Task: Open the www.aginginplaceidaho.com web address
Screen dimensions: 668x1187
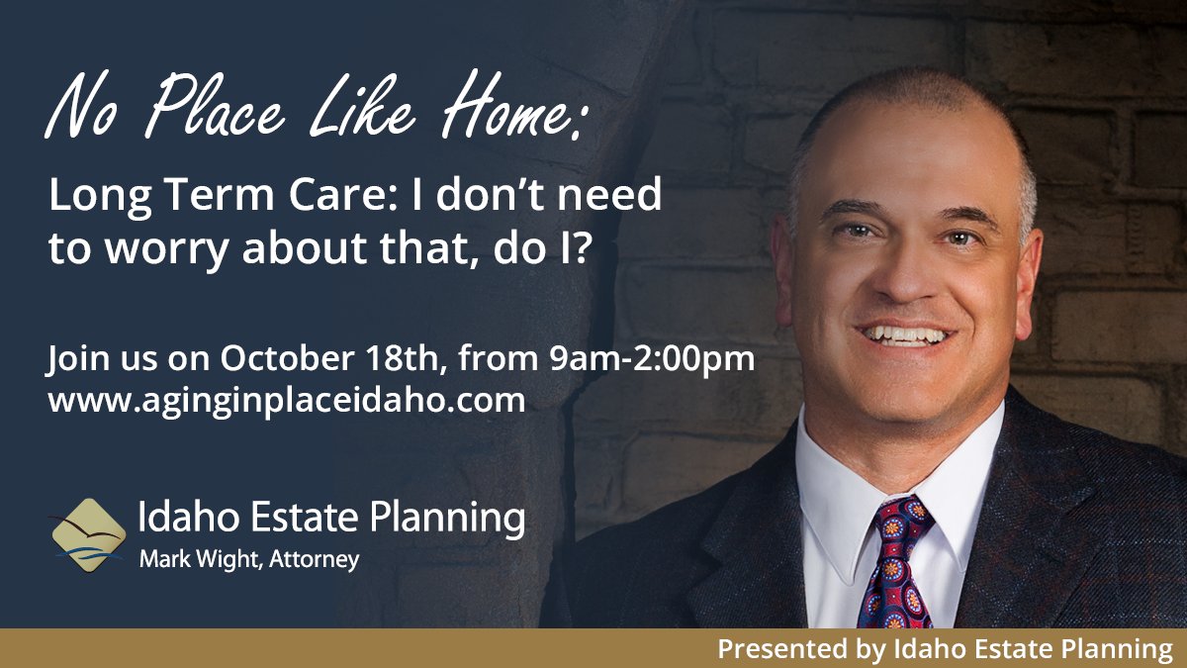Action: [x=286, y=402]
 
